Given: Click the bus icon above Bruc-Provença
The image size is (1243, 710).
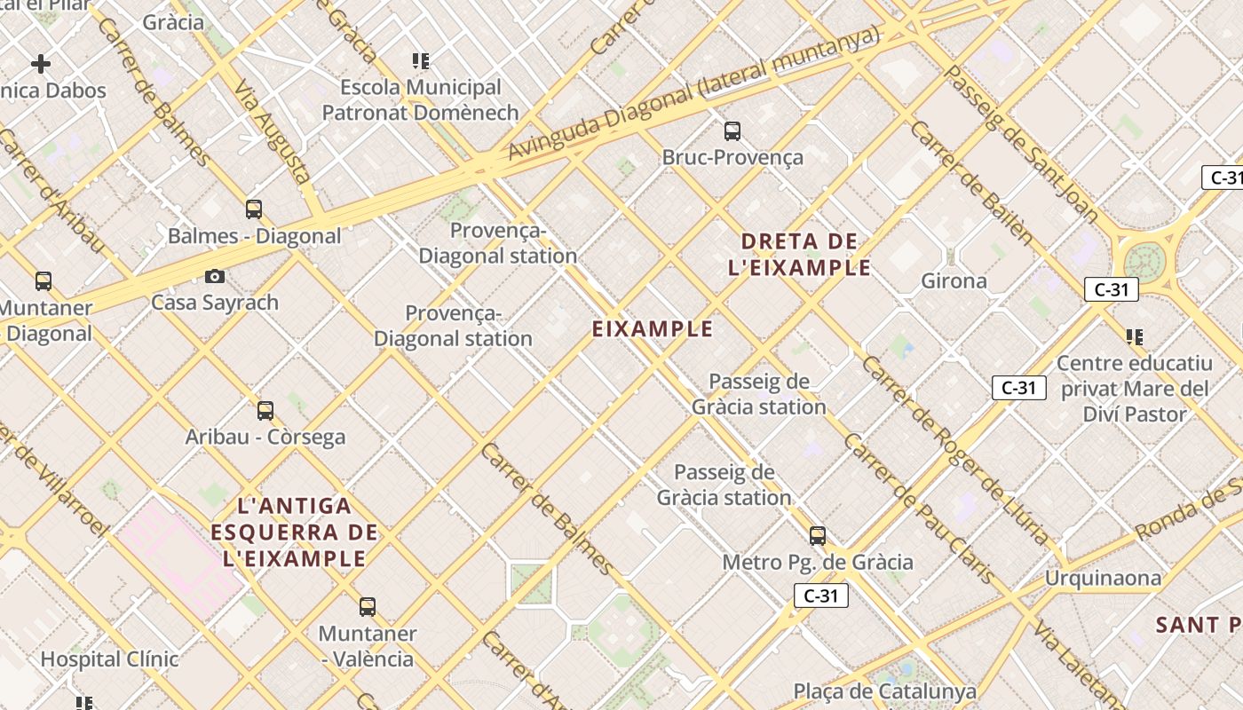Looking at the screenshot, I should [732, 131].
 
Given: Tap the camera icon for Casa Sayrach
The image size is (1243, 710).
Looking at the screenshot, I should [214, 277].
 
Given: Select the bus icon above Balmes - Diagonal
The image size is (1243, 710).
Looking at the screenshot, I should [254, 210].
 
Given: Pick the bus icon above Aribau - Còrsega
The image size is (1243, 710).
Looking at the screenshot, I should [265, 411].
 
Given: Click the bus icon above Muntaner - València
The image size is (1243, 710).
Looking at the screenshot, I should [367, 607].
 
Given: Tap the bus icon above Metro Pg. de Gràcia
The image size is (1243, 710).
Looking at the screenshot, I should [817, 536].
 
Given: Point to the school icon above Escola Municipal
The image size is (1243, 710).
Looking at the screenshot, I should [421, 61].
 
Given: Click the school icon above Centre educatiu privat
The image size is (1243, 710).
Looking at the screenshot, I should [1134, 337].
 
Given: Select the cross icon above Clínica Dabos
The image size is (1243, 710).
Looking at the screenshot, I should [41, 64].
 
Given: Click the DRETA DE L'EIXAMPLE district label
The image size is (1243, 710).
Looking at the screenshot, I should [799, 254].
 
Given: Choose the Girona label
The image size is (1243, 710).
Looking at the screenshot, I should [954, 281].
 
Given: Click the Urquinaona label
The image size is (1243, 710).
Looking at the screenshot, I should [1103, 579].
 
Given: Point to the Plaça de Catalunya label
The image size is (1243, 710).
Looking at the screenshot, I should [884, 691].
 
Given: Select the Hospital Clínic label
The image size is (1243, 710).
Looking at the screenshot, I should [109, 659].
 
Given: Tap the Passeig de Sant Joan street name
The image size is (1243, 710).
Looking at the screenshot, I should [1020, 142].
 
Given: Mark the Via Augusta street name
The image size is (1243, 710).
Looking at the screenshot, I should [272, 131].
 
